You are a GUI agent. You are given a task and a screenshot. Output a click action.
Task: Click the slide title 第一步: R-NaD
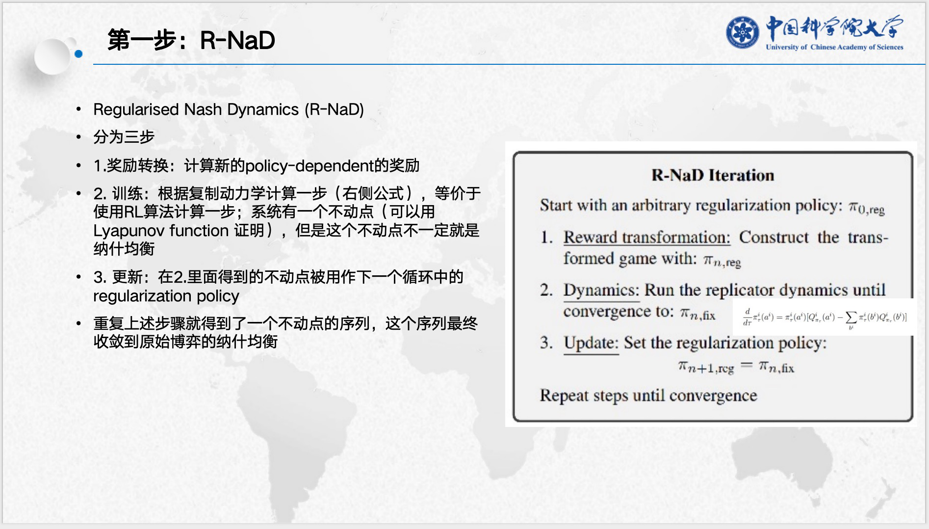(191, 40)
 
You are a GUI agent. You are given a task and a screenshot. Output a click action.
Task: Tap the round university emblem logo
(742, 32)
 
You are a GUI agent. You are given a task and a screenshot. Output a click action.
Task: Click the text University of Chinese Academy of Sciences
(834, 47)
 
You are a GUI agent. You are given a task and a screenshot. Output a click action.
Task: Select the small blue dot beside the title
(78, 54)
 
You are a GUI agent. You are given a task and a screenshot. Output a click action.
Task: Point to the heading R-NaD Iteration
(712, 175)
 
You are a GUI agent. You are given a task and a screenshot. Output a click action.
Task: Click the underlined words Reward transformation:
(646, 238)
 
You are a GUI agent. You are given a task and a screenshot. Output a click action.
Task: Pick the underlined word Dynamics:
(601, 290)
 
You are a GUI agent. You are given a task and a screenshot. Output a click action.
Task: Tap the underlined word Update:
(591, 343)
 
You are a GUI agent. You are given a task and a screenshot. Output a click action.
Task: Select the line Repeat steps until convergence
(648, 396)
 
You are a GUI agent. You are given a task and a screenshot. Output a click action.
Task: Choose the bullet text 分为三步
(124, 137)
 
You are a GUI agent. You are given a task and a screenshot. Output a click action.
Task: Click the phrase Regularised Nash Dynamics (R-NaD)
(229, 109)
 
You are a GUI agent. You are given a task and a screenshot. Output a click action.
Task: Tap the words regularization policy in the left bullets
(166, 296)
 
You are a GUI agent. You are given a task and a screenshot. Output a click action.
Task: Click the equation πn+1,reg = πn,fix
(736, 367)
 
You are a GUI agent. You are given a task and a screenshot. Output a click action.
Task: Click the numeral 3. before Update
(546, 343)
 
